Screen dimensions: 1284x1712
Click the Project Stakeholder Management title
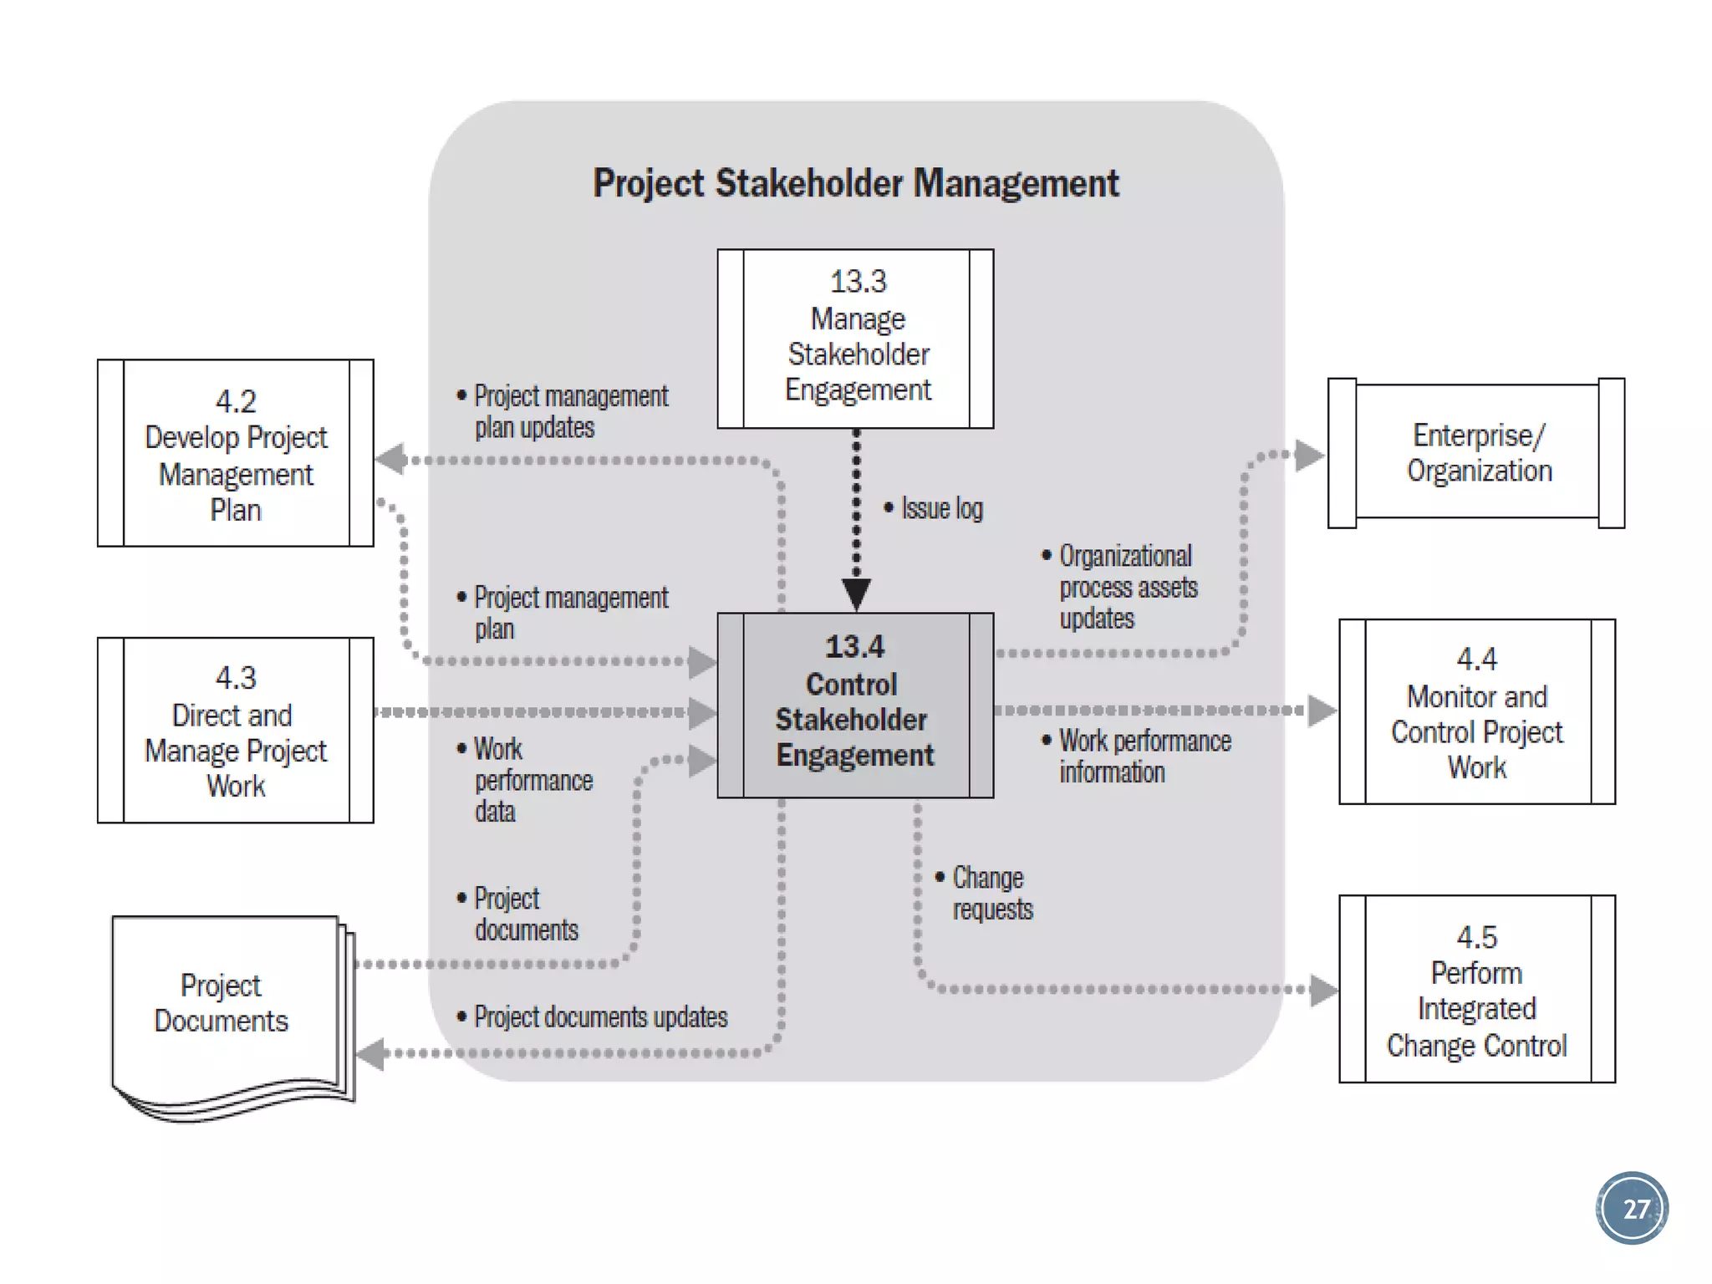click(x=855, y=183)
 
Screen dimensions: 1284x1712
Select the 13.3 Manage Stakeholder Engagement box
click(x=855, y=339)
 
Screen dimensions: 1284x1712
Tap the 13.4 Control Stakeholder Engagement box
click(x=855, y=705)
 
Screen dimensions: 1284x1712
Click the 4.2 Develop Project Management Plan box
click(x=235, y=453)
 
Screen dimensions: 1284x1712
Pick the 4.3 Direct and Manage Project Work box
click(x=235, y=730)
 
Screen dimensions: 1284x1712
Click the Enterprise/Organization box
click(x=1476, y=452)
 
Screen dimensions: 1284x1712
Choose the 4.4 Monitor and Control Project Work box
click(x=1476, y=711)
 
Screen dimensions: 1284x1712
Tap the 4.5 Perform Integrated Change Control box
click(x=1476, y=989)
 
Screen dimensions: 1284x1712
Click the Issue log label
click(x=940, y=508)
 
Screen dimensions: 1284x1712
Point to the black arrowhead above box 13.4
click(x=856, y=594)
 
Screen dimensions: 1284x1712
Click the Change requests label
click(x=991, y=893)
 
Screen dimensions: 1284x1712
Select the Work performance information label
click(x=1143, y=756)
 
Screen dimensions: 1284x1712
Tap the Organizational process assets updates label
click(x=1126, y=587)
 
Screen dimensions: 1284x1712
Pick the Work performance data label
click(x=532, y=779)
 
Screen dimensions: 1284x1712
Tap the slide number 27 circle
click(x=1632, y=1208)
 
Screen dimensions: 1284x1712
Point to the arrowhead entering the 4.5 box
click(x=1322, y=990)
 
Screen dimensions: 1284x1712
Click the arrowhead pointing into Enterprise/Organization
click(x=1308, y=456)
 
